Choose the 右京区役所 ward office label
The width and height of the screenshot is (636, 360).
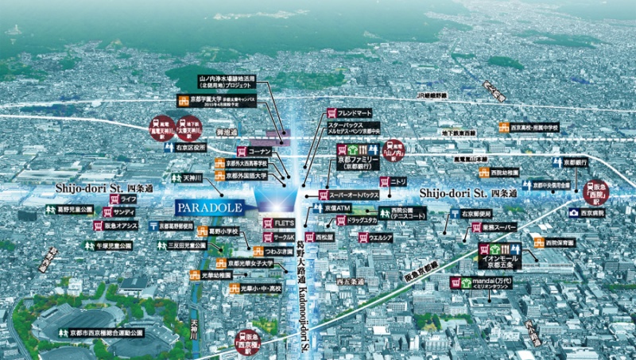pyautogui.click(x=192, y=147)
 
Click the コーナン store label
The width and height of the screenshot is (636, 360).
pyautogui.click(x=259, y=151)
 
